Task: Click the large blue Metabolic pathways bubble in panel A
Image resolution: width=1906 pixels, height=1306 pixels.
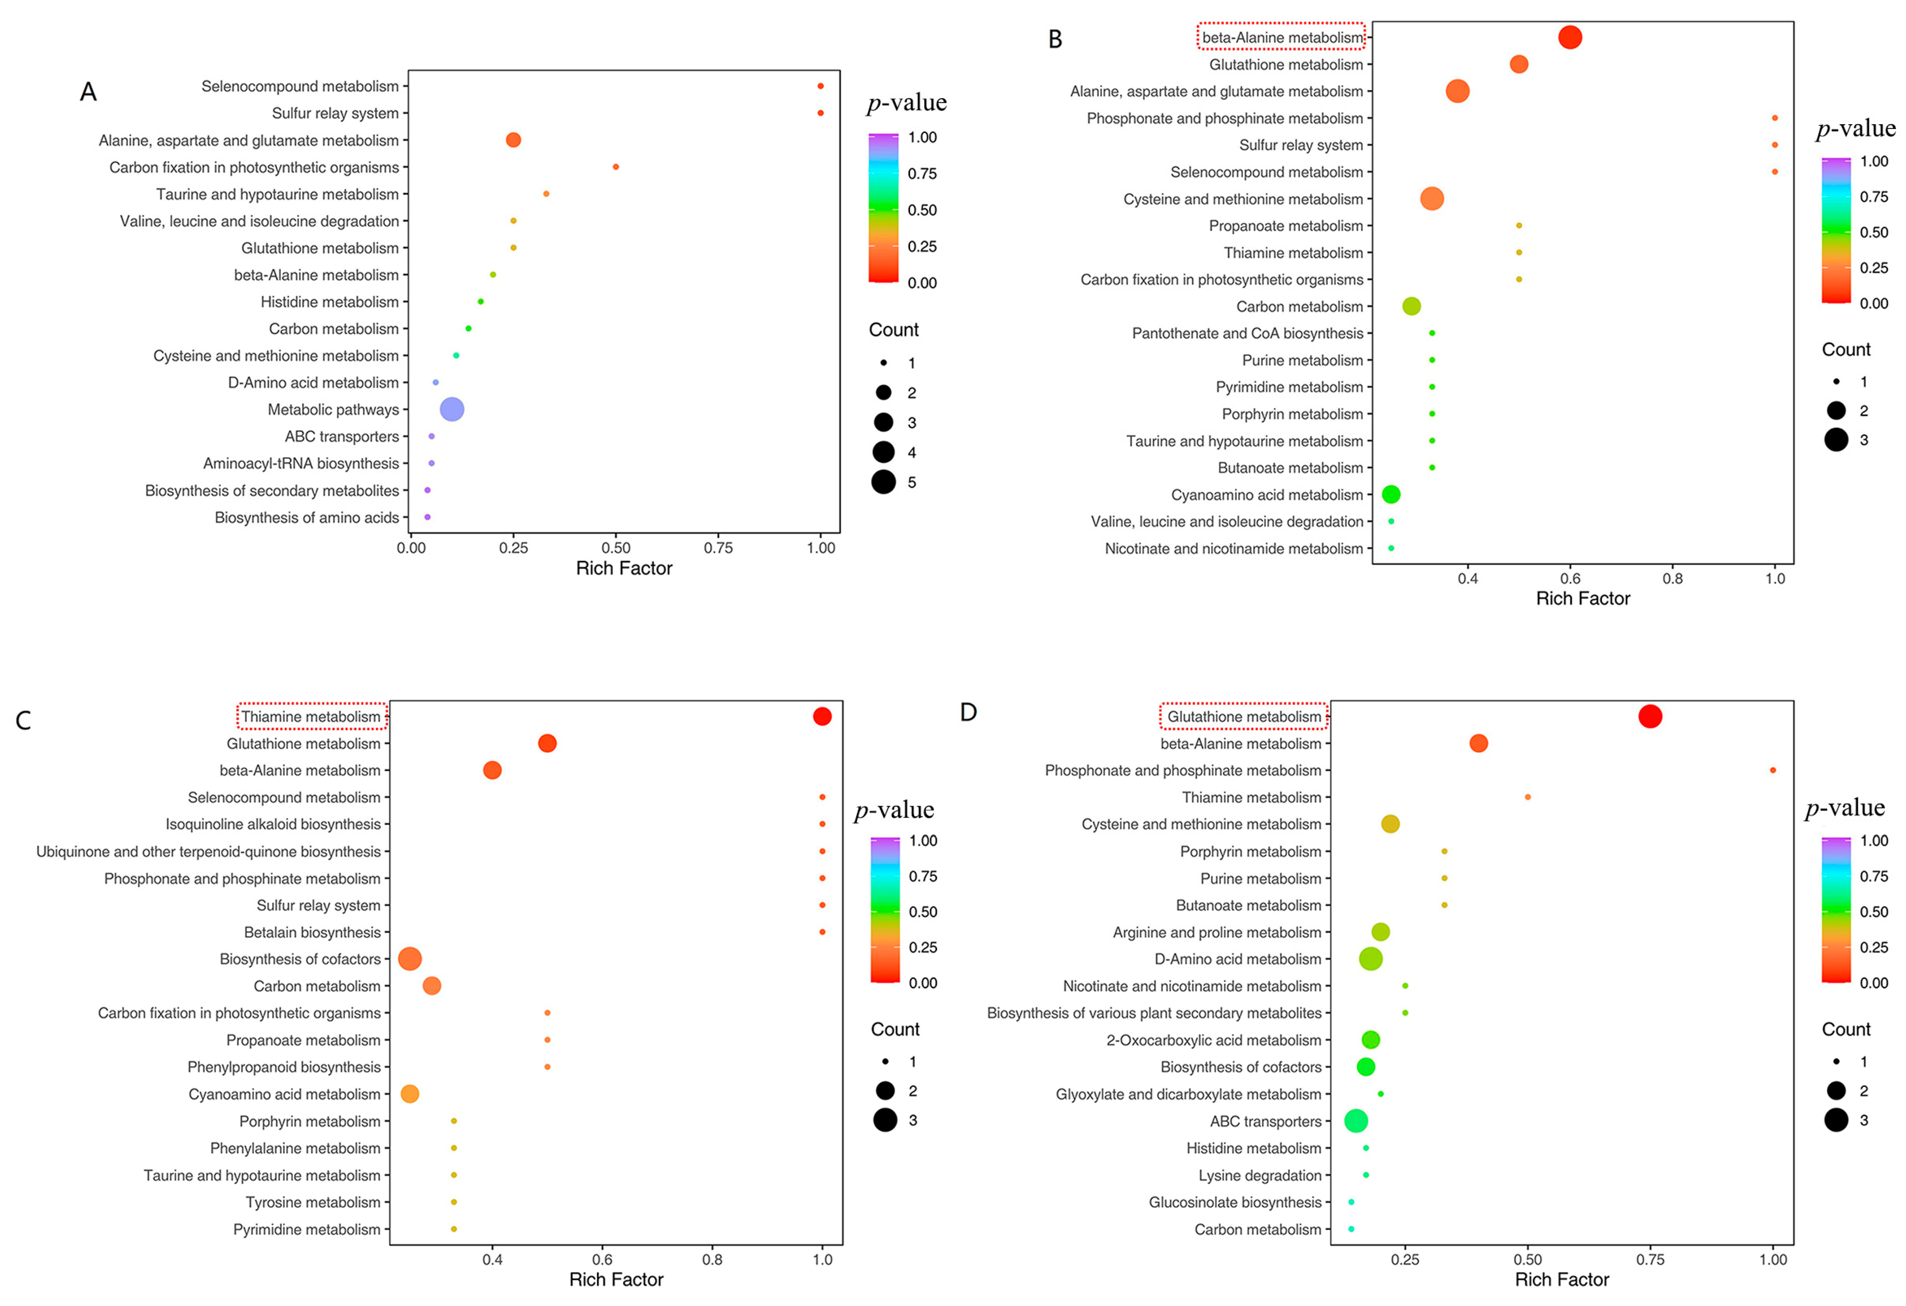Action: pos(452,409)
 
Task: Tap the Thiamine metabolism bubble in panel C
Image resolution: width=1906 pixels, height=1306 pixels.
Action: pos(822,716)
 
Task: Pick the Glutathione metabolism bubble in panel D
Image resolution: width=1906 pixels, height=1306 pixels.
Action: pos(1650,716)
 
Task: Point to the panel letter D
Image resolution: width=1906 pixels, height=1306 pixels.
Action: pos(968,712)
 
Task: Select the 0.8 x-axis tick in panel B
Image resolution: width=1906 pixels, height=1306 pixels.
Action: pos(1672,578)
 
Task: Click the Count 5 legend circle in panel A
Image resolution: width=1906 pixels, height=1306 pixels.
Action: pos(883,482)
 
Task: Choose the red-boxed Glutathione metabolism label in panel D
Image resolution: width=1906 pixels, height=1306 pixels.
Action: pos(1244,716)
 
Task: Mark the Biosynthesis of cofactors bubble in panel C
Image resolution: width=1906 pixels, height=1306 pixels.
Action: pos(410,958)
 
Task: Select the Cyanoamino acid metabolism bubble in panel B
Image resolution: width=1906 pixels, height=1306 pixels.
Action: pos(1391,494)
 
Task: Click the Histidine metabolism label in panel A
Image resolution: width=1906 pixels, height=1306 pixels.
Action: pos(330,302)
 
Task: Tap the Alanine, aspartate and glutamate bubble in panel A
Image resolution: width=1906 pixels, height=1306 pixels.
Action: pos(513,140)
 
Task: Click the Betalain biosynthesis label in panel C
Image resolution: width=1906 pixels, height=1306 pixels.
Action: pos(313,932)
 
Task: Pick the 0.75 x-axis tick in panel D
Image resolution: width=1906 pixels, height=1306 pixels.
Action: pos(1650,1259)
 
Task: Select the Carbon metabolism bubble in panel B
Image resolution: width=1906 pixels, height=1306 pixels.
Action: pos(1412,306)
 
